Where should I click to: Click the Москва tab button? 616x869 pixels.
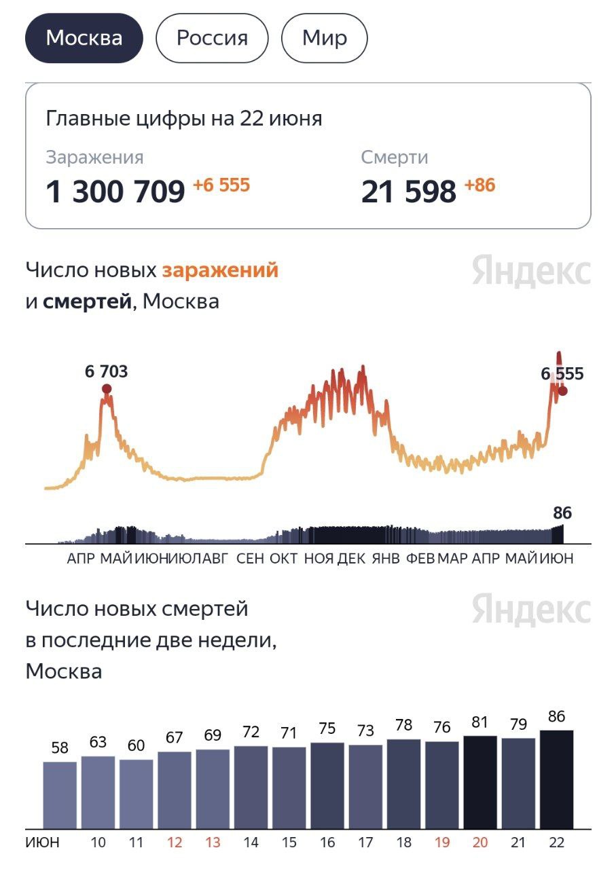(84, 37)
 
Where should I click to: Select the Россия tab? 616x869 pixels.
(212, 37)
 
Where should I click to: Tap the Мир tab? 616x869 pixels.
(324, 37)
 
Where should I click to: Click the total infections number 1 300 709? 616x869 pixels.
(115, 192)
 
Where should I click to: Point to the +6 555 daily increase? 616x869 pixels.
(221, 185)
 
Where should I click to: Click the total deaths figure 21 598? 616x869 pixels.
(408, 192)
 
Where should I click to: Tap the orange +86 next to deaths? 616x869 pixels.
(479, 185)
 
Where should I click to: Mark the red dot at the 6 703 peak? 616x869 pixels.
(107, 388)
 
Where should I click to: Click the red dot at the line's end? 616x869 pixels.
(562, 390)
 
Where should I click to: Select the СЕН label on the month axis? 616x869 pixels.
(250, 559)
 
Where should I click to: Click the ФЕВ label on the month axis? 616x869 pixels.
(420, 559)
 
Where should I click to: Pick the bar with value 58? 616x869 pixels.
(60, 794)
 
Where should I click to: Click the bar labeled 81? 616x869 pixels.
(480, 781)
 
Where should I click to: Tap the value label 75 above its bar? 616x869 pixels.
(327, 728)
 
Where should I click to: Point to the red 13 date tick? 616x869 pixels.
(213, 843)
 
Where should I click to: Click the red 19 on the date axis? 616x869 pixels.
(442, 843)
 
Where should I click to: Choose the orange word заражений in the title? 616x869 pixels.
(220, 270)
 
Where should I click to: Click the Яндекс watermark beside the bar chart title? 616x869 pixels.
(531, 609)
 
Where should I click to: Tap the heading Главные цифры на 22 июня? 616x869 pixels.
(184, 119)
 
